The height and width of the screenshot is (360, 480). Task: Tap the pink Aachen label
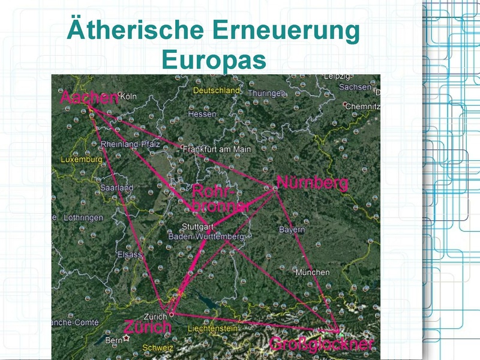88,98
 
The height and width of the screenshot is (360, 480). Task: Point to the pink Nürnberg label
312,182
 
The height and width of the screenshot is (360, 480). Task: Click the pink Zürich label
148,328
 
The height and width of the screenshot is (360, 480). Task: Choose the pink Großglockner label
322,344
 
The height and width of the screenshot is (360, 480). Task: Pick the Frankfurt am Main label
217,149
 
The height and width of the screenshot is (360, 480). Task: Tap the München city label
312,272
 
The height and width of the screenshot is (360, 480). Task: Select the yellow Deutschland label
217,91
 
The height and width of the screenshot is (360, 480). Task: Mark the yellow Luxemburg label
82,160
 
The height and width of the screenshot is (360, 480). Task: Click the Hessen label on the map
202,114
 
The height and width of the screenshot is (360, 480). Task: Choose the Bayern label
292,230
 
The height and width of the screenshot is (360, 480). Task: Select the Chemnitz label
362,106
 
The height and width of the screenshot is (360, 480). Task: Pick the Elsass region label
130,254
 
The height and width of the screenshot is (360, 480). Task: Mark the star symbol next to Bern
127,338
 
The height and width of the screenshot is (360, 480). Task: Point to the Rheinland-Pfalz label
129,145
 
